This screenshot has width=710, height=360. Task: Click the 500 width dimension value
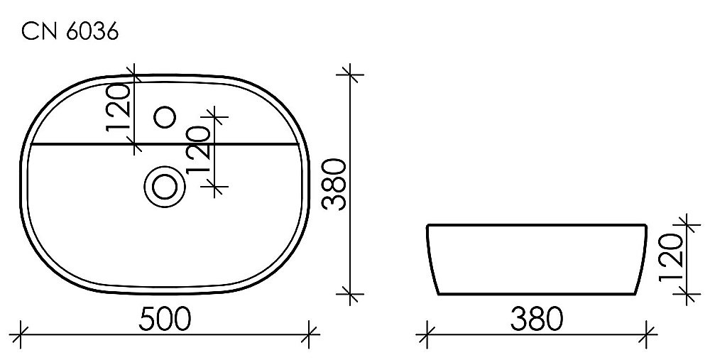pos(164,319)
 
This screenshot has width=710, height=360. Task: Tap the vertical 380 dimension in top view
pos(334,184)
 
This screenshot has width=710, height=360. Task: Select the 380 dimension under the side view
pos(535,319)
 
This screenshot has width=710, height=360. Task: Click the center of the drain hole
pos(164,187)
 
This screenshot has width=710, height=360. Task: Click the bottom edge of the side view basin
pos(536,295)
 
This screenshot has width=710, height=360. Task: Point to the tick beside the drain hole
pos(217,186)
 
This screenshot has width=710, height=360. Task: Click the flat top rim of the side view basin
pos(536,226)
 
